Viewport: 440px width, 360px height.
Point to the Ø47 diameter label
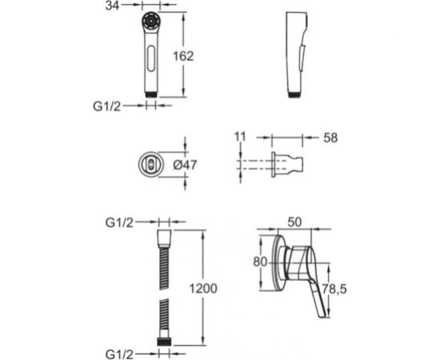[x=186, y=165]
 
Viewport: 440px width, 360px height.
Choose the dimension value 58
[x=329, y=138]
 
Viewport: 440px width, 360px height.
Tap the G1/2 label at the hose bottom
[x=120, y=352]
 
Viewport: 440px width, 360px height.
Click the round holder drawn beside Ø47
[x=150, y=165]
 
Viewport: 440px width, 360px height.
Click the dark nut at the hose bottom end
[x=165, y=340]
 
